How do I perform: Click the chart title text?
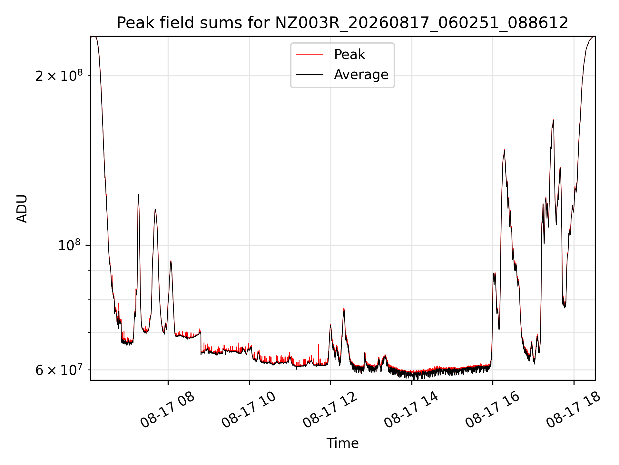[342, 23]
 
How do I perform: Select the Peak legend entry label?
[349, 54]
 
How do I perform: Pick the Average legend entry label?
[361, 75]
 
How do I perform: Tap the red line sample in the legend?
[309, 54]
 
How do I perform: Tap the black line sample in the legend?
[309, 75]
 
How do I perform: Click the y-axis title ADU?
[22, 209]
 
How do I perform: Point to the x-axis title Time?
[342, 443]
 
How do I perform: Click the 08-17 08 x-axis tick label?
[168, 409]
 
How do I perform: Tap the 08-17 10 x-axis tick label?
[249, 409]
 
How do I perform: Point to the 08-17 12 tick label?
[330, 409]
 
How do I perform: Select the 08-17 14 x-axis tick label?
[411, 409]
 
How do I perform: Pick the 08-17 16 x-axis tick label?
[493, 409]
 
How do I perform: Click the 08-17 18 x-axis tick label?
[574, 409]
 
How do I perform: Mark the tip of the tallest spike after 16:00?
[553, 120]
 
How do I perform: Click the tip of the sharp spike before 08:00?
[138, 194]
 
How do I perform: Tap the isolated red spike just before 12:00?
[319, 345]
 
